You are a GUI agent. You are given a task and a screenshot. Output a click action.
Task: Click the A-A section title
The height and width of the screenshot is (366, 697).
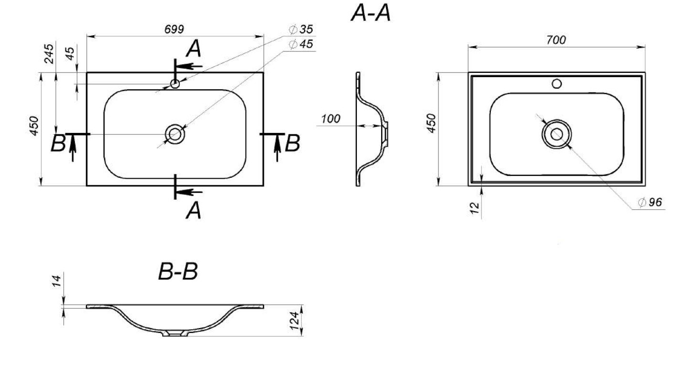click(371, 13)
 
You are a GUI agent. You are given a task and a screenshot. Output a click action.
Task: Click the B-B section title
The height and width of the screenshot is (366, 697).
click(178, 272)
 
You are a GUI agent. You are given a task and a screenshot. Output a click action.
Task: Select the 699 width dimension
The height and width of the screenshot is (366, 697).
click(174, 29)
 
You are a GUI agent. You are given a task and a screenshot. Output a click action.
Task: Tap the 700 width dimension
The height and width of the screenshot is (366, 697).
click(556, 40)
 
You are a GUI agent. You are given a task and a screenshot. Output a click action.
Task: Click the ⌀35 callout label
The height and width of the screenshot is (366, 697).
click(301, 29)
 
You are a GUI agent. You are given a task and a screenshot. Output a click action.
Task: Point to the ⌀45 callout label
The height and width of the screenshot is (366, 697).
click(301, 44)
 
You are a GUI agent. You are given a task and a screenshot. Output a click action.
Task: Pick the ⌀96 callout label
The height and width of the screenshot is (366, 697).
click(650, 203)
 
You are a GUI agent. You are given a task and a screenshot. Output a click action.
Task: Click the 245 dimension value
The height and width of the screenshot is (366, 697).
click(49, 54)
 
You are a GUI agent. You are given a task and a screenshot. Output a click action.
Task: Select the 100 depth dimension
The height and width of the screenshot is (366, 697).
click(331, 119)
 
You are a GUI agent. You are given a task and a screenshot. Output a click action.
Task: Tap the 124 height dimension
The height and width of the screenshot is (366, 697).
click(294, 320)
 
